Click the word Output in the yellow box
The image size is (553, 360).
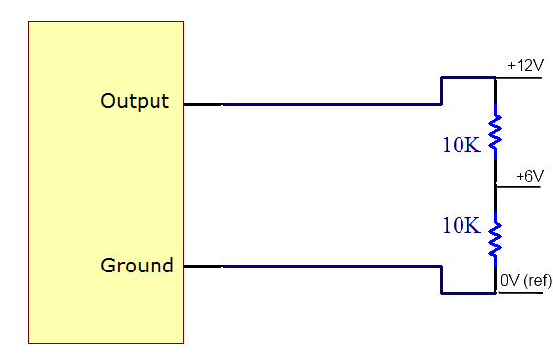pos(135,101)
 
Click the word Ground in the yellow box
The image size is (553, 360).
pos(137,266)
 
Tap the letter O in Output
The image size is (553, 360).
pos(109,101)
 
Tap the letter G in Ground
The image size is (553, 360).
pos(108,266)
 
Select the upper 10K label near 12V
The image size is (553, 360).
pos(460,146)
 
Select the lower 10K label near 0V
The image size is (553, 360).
pos(460,225)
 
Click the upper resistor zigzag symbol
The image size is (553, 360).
pos(496,130)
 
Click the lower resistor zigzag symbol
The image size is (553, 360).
pos(496,238)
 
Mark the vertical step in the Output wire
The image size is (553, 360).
pos(441,90)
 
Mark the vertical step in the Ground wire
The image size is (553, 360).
pos(441,279)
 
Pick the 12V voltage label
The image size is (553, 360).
pos(528,66)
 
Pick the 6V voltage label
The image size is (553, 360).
pos(532,176)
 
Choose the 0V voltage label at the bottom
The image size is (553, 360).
pos(510,282)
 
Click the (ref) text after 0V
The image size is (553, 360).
pos(537,282)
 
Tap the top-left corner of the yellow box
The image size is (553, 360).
pos(29,22)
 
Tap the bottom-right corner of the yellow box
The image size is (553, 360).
pos(183,343)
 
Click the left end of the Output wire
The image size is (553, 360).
pos(226,103)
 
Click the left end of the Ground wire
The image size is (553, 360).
pos(226,267)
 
